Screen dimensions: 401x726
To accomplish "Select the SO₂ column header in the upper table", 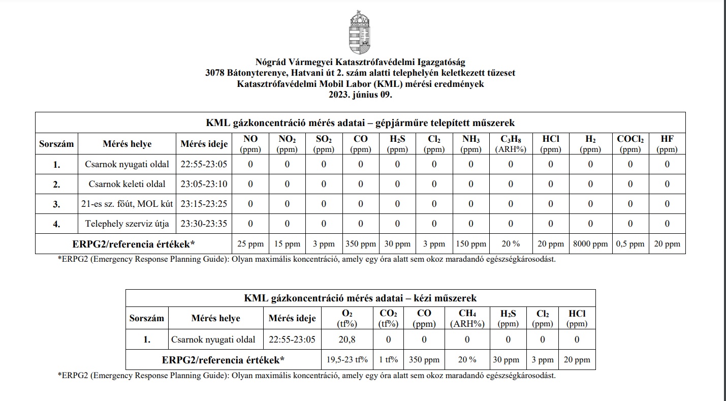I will [x=324, y=144].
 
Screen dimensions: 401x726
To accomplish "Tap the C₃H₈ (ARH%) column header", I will [x=511, y=144].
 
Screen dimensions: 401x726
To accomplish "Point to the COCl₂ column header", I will [x=630, y=144].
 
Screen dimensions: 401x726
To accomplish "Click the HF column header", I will [x=667, y=144].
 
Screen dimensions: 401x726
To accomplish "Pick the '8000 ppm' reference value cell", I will [x=590, y=244].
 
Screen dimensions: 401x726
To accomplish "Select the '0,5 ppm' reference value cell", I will [x=630, y=244].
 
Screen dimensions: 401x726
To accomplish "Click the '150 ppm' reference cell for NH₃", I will [x=471, y=244].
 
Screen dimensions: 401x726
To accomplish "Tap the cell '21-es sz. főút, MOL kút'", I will [x=128, y=204].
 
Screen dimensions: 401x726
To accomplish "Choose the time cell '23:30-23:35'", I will [x=204, y=224].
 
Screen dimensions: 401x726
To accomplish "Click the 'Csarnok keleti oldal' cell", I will [x=128, y=184].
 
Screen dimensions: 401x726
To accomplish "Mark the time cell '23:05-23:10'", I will [x=204, y=184].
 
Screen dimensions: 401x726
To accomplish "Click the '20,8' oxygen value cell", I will [x=346, y=340].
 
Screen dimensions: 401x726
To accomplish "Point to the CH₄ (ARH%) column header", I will [x=464, y=318].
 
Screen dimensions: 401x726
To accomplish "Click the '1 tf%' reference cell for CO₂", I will [x=388, y=360].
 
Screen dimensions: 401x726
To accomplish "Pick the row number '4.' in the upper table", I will [x=56, y=224].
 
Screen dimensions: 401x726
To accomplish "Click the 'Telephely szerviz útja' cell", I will [x=128, y=224].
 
